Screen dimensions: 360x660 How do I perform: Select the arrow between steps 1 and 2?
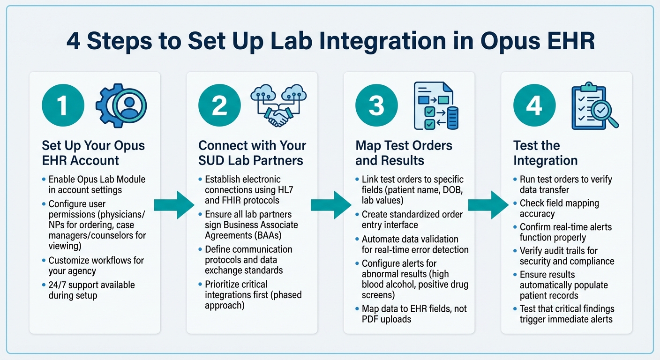(173, 205)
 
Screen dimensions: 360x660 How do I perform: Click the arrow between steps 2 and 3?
(330, 205)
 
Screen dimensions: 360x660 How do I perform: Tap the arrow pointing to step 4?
(488, 205)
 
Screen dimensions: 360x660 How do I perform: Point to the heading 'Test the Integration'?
(545, 153)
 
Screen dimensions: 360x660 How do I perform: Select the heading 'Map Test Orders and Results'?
(404, 153)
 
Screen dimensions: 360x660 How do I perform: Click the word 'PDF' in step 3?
(371, 319)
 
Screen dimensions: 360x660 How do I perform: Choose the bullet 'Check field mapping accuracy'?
(559, 209)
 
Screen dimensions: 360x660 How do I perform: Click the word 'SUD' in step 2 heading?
(214, 160)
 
